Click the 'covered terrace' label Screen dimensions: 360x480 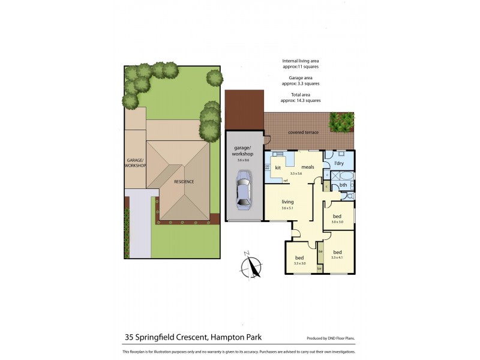[x=303, y=132]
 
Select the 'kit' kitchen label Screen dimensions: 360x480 [x=278, y=167]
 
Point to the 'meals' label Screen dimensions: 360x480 [x=308, y=167]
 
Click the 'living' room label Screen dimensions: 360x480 [x=288, y=202]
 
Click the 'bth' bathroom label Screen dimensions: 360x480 [x=343, y=185]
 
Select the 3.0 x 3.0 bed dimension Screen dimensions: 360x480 [x=337, y=222]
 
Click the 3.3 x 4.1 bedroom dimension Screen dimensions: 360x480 [x=337, y=258]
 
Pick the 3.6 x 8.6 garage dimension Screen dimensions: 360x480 [x=244, y=160]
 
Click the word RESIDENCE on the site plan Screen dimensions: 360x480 [x=184, y=181]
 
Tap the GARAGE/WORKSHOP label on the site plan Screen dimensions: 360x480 [x=136, y=163]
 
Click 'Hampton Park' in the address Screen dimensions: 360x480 [x=236, y=338]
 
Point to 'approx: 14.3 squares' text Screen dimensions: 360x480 [x=302, y=100]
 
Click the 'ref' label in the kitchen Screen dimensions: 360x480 [x=286, y=181]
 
